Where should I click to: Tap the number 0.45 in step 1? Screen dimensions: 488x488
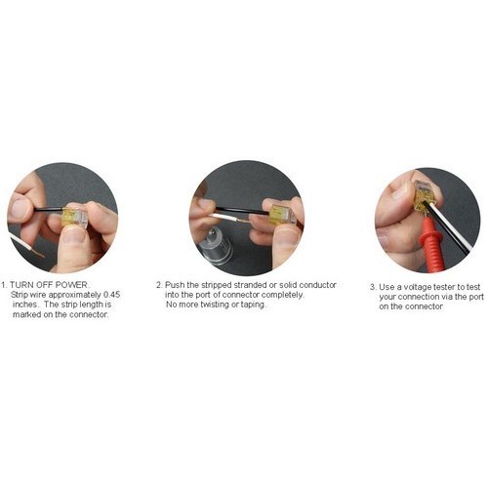tap(111, 295)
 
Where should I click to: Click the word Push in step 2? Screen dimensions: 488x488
tap(175, 285)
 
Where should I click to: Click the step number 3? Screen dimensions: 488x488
tap(373, 287)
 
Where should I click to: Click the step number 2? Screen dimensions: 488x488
tap(159, 285)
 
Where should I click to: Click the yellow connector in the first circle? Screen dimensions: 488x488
tap(75, 216)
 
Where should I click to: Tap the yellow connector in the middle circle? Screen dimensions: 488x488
tap(283, 214)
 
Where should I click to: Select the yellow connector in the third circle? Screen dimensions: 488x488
tap(425, 194)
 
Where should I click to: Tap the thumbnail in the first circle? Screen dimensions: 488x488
tap(74, 235)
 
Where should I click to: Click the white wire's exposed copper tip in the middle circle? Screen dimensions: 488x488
tap(243, 221)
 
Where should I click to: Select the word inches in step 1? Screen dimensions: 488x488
tap(24, 305)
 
